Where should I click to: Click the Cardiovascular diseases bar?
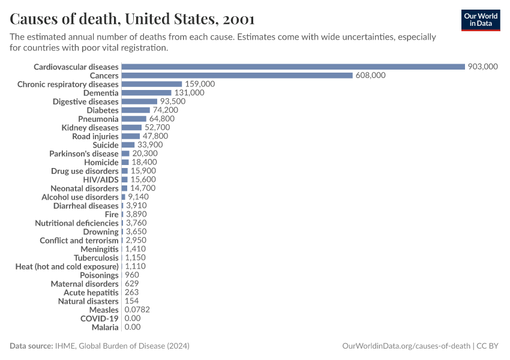[293, 67]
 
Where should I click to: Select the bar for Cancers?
[237, 76]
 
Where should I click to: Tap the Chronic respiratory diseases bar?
[151, 84]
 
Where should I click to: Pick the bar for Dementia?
[146, 93]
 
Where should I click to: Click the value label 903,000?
[483, 67]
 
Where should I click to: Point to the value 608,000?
[370, 76]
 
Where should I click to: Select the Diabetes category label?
[103, 110]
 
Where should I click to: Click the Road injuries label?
[95, 136]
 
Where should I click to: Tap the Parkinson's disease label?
[84, 154]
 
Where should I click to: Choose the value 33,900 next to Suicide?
[150, 145]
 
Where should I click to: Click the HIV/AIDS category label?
[101, 179]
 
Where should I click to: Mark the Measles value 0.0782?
[137, 310]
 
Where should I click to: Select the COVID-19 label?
[100, 319]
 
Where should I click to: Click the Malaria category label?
[105, 327]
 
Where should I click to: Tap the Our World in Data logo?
[480, 20]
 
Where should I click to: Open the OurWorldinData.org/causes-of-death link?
[406, 346]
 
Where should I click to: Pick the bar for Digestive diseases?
[139, 101]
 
